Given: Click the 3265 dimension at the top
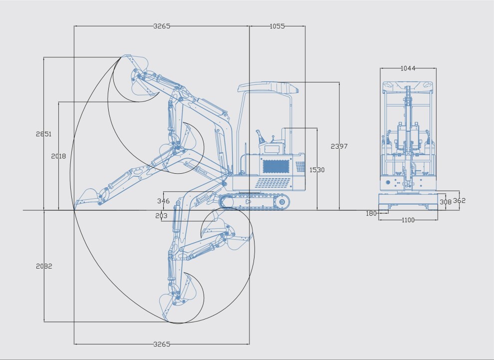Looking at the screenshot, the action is click(162, 26).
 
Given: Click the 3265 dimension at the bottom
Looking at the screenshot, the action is click(162, 344).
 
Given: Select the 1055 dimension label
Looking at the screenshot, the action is click(277, 26).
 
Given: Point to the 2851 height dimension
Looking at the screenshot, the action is click(43, 134).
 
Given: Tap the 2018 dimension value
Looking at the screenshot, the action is click(58, 156).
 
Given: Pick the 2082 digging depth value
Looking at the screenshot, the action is click(44, 266).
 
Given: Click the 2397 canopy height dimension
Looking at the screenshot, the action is click(339, 146).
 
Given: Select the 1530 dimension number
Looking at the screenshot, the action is click(317, 170).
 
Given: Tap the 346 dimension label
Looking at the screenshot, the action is click(163, 201).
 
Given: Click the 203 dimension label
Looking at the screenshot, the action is click(161, 216).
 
